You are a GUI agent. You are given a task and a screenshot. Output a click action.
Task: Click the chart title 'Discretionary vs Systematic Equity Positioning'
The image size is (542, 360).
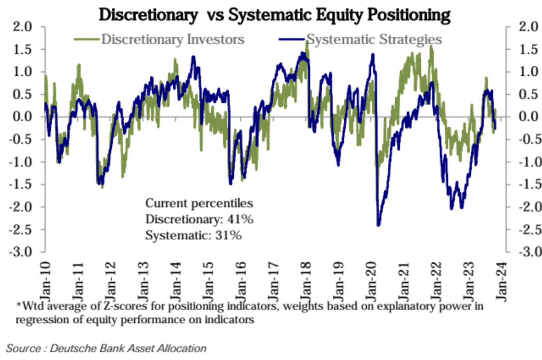275,15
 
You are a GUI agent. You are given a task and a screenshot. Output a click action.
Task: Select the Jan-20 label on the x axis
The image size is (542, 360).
370,279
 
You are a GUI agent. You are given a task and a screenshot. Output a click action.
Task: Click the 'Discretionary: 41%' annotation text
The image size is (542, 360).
200,219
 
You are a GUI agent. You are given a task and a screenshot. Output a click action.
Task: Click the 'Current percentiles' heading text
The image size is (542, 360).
199,203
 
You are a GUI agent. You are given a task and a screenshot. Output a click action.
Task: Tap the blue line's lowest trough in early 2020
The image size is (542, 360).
378,224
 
